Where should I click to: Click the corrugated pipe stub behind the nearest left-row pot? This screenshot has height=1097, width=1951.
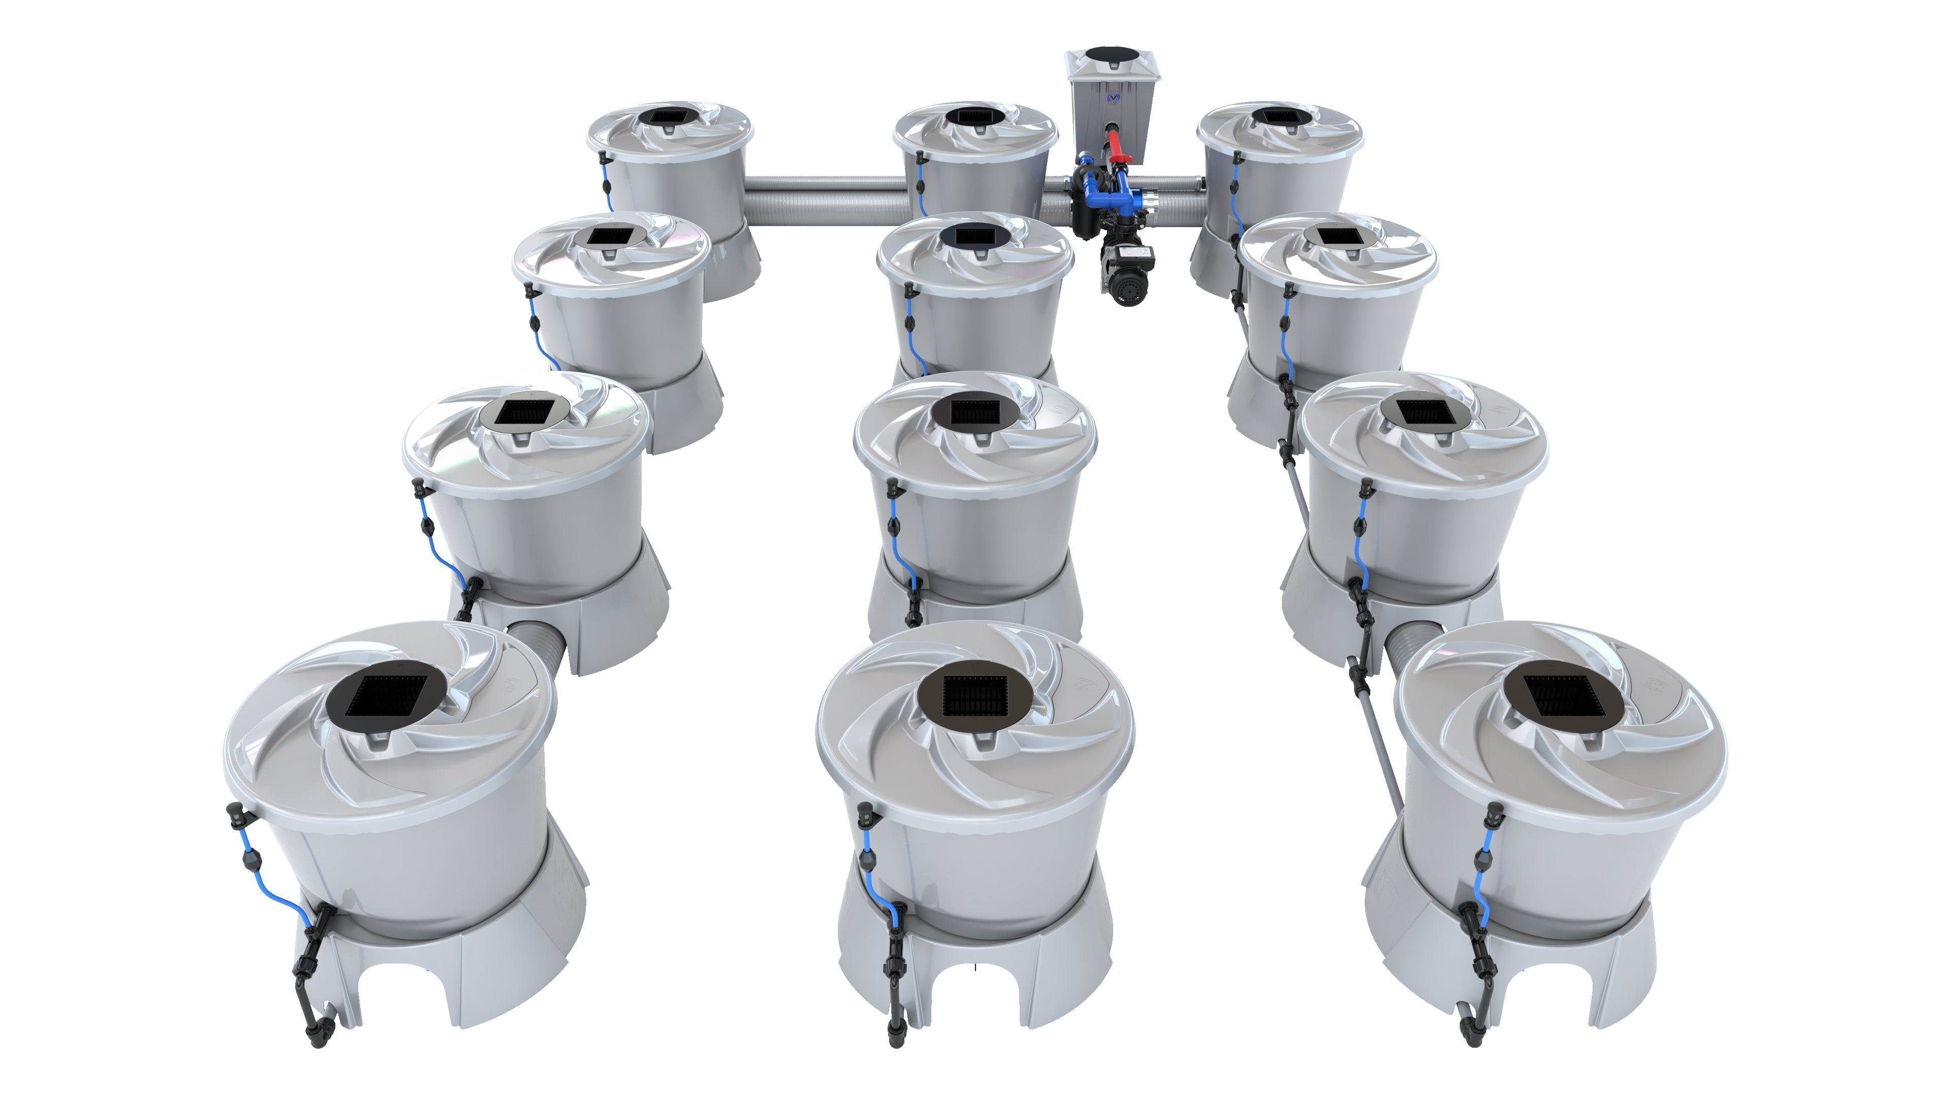pos(538,648)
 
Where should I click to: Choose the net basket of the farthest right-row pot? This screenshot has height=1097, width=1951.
pos(1280,117)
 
